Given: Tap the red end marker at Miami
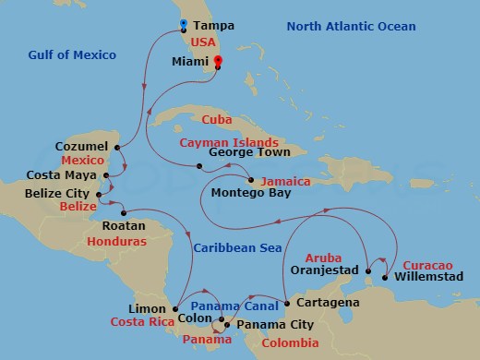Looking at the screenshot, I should (218, 63).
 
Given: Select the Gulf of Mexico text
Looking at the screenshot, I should (72, 55).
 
